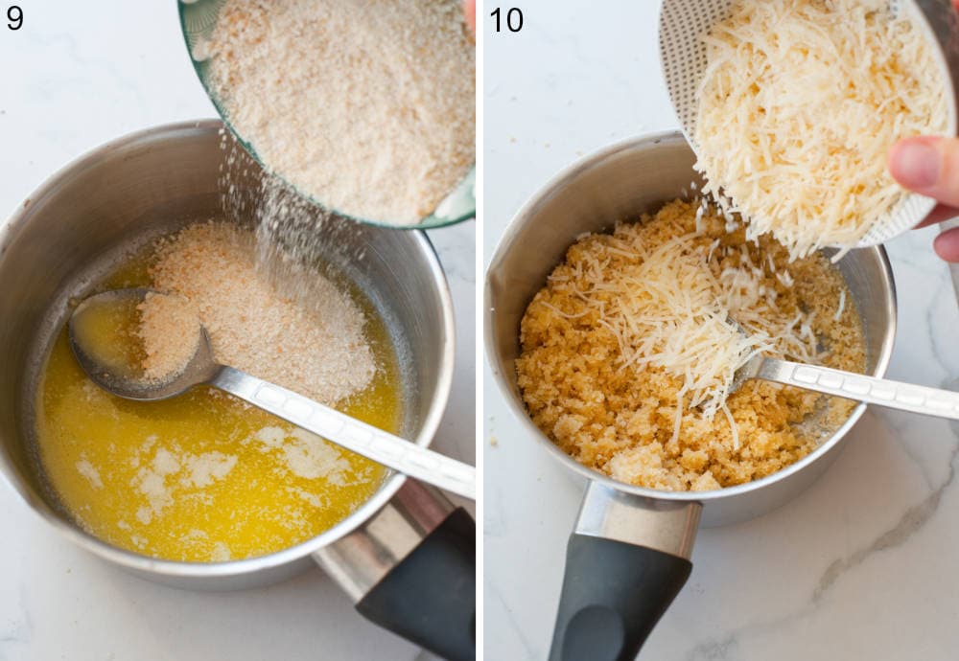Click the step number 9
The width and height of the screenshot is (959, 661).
[x=14, y=17]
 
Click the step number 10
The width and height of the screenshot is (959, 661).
[x=506, y=18]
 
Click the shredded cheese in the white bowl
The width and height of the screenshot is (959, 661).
[x=806, y=115]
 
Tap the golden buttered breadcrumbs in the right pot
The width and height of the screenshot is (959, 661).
[x=595, y=402]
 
